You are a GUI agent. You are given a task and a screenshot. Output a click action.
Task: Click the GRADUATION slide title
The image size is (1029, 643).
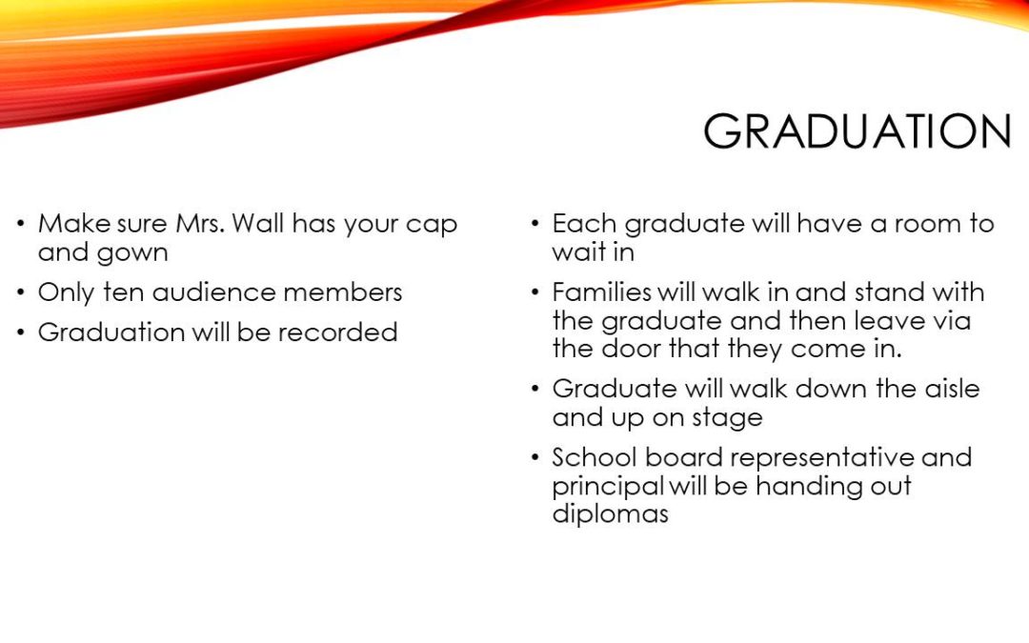coord(857,131)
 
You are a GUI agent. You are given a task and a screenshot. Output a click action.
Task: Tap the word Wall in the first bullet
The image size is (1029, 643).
coord(257,223)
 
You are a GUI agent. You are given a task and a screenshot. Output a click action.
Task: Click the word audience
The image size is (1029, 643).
coord(213,292)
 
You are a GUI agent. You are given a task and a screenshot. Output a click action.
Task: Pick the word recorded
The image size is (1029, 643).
coord(337,332)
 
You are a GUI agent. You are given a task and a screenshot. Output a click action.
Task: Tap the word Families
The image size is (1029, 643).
coord(602,292)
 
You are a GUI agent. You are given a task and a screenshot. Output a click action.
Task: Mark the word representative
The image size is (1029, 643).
coord(822,458)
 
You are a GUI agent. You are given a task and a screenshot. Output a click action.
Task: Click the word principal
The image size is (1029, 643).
coord(608,487)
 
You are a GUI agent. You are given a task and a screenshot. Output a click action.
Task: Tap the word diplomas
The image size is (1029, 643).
coord(611,514)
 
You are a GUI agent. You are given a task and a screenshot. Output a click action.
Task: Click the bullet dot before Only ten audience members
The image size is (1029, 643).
coord(22,291)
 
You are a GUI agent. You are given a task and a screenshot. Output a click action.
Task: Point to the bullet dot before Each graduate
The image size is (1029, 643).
coord(535,223)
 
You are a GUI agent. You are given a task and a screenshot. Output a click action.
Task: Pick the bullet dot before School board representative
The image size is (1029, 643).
coord(535,456)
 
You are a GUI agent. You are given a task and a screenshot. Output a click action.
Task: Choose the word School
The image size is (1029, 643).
coord(595,457)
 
